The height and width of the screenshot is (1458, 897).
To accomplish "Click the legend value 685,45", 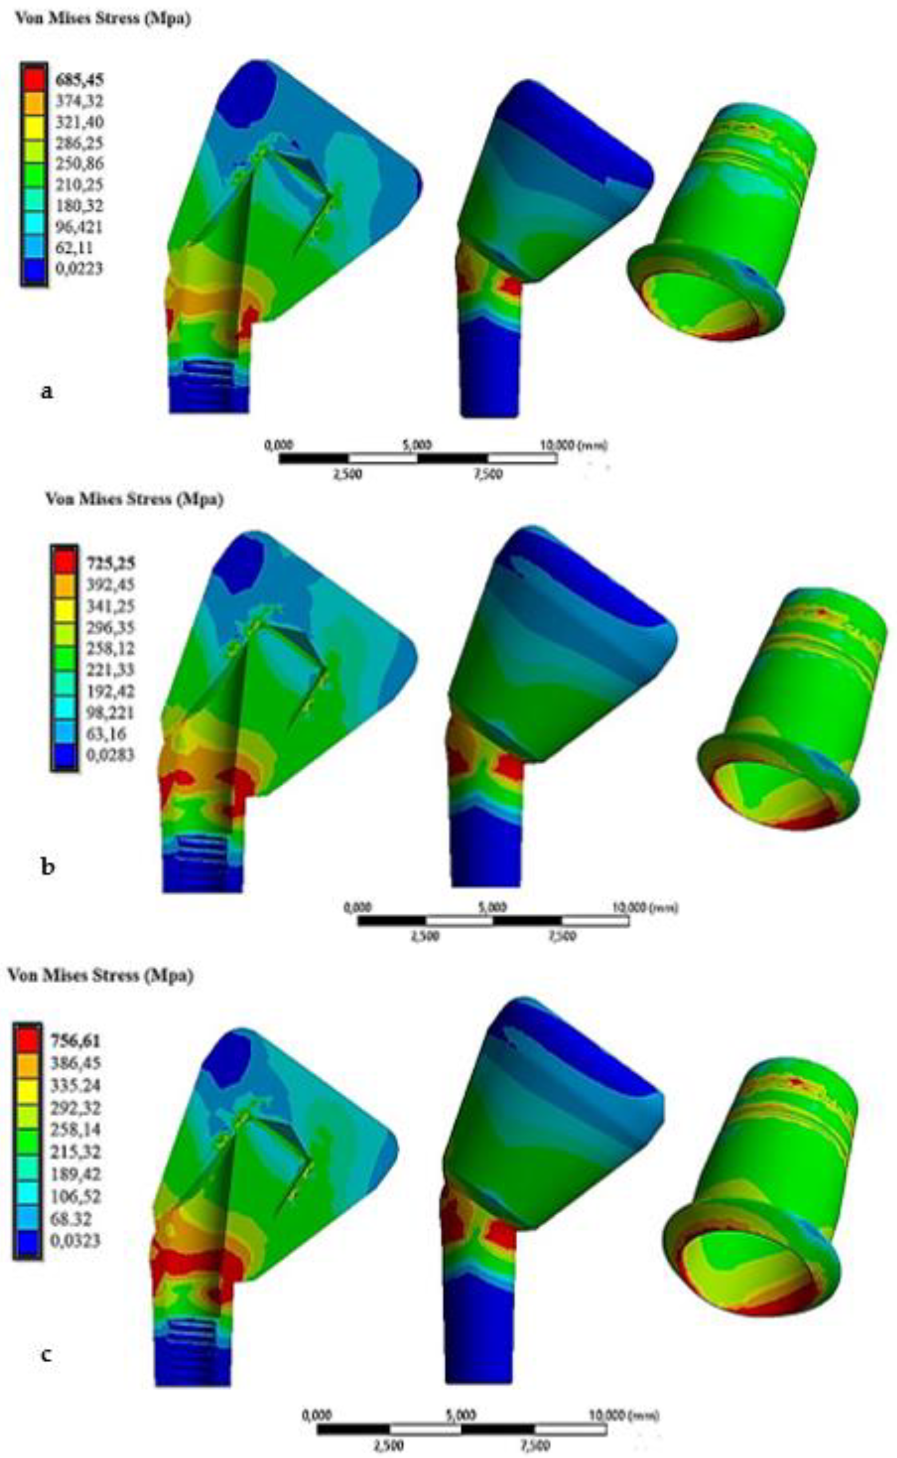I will (79, 80).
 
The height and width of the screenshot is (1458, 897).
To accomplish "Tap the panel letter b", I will (47, 867).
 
